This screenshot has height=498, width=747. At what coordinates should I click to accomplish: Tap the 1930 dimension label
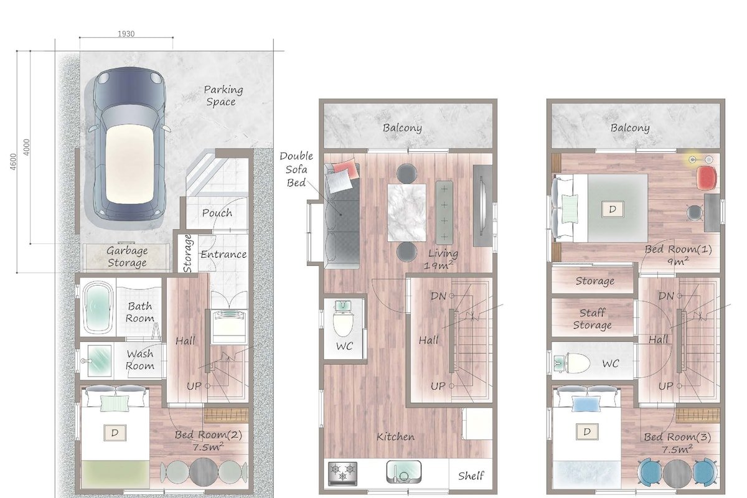[x=126, y=34]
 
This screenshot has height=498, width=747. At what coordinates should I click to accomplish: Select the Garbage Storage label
[x=126, y=256]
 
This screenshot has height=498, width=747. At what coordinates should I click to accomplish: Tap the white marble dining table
[x=407, y=212]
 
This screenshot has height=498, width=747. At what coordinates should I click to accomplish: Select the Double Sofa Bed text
[x=296, y=169]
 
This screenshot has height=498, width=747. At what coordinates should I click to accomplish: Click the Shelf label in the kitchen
[x=471, y=476]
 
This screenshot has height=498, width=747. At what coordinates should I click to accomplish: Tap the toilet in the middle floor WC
[x=343, y=321]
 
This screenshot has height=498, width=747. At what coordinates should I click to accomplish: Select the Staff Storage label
[x=592, y=319]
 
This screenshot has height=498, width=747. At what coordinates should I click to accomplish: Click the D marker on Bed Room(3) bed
[x=586, y=431]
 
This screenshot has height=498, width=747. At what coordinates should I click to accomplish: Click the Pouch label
[x=217, y=213]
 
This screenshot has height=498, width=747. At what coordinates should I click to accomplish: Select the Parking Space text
[x=223, y=95]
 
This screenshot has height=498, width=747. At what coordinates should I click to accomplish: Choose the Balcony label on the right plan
[x=630, y=128]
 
